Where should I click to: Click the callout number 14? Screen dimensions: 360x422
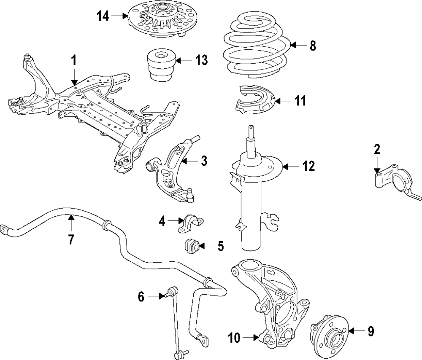[103, 16]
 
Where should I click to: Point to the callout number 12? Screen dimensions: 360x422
[308, 167]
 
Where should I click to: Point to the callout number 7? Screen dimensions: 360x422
[71, 239]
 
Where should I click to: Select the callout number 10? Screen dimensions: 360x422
[235, 337]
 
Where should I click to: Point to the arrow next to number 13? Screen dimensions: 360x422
[179, 61]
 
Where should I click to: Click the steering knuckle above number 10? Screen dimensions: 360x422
[270, 295]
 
